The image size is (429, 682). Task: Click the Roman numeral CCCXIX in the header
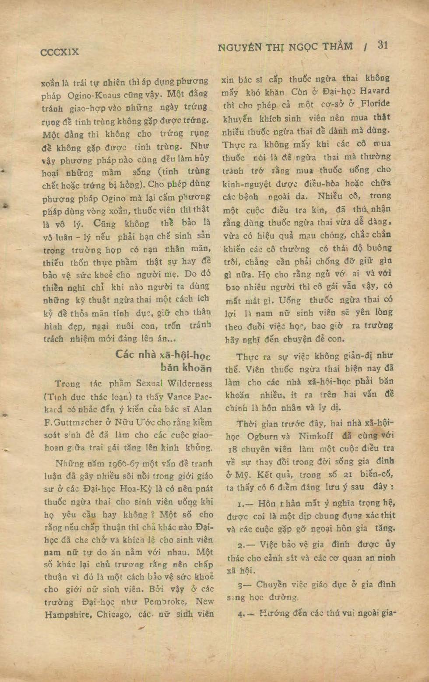click(60, 52)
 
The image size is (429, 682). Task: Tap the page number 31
click(382, 45)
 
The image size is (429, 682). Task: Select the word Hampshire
click(68, 615)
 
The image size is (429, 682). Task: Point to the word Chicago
click(113, 615)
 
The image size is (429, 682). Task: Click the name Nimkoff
click(316, 436)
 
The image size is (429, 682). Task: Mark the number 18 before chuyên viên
click(232, 450)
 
